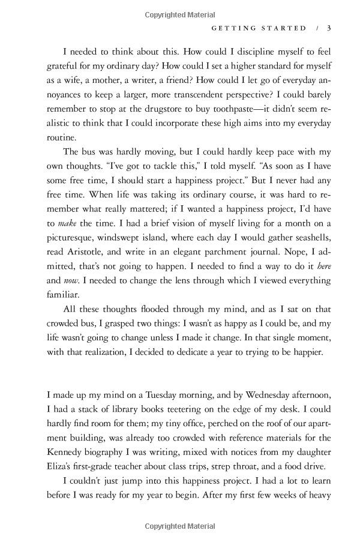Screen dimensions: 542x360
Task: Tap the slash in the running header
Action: tap(316, 28)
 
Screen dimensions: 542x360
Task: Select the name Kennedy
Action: tap(68, 456)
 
